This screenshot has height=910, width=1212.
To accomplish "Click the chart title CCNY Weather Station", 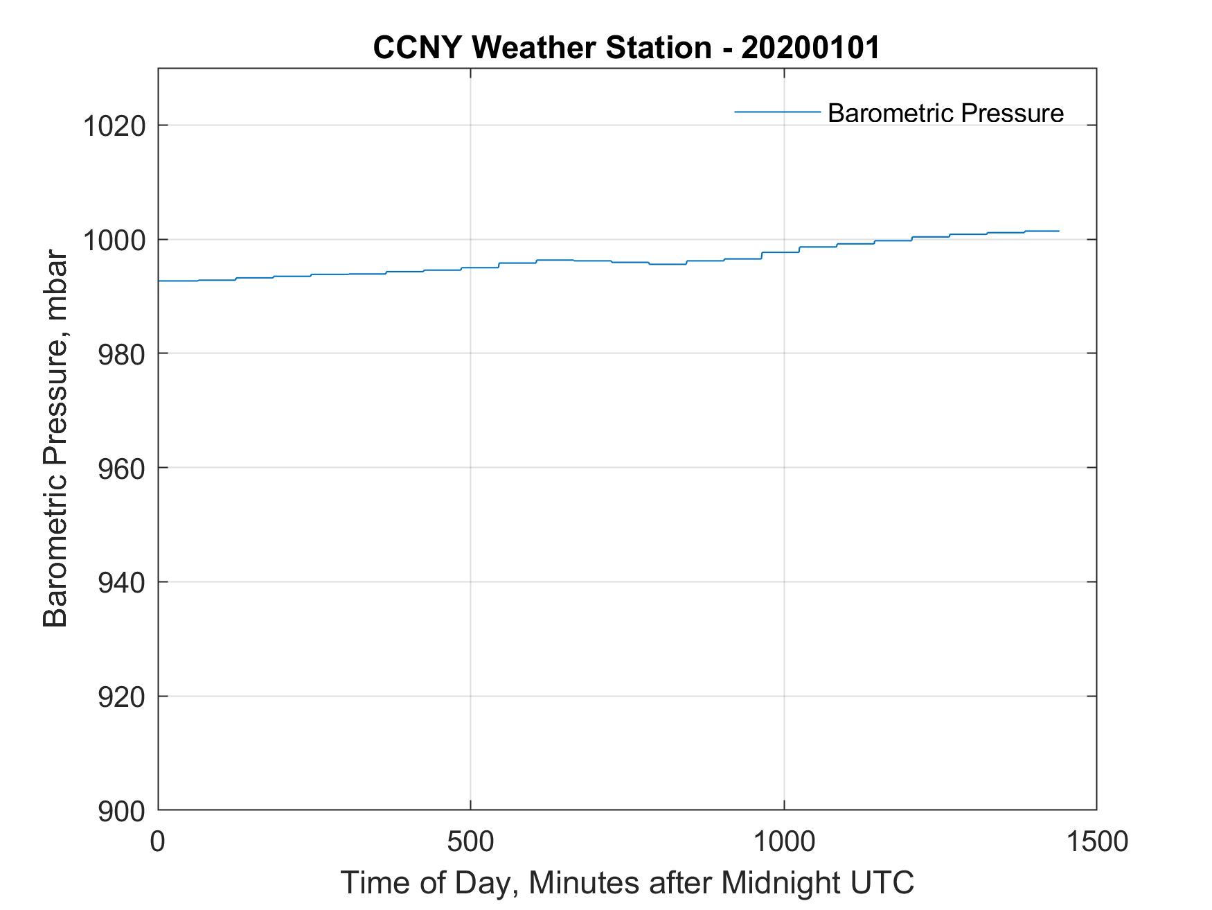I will click(542, 48).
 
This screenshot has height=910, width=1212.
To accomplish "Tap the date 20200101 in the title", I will click(810, 48).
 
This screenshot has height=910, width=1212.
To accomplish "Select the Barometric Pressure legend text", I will click(945, 113).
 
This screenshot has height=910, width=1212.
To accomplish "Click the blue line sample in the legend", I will click(777, 112).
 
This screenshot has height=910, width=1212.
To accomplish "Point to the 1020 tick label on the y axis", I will click(114, 126).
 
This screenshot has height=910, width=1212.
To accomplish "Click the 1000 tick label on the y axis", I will click(114, 240).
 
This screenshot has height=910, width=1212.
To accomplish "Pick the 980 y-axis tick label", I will click(121, 354).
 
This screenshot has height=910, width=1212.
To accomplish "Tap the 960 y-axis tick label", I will click(121, 469).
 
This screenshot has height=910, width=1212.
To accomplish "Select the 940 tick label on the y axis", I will click(121, 583).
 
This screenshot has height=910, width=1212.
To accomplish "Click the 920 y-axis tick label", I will click(121, 697).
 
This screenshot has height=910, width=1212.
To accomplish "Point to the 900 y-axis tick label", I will click(121, 811).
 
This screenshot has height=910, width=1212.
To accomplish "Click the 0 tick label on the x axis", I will click(159, 841).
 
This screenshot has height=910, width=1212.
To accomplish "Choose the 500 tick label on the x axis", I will click(471, 841).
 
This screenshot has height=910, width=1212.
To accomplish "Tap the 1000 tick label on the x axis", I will click(784, 841).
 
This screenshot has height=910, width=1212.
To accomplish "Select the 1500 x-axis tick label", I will click(1096, 841).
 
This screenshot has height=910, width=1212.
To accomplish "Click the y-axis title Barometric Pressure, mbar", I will click(55, 439).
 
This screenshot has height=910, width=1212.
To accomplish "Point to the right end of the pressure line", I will click(1059, 231).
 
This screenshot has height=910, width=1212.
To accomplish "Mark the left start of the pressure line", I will click(159, 281).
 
